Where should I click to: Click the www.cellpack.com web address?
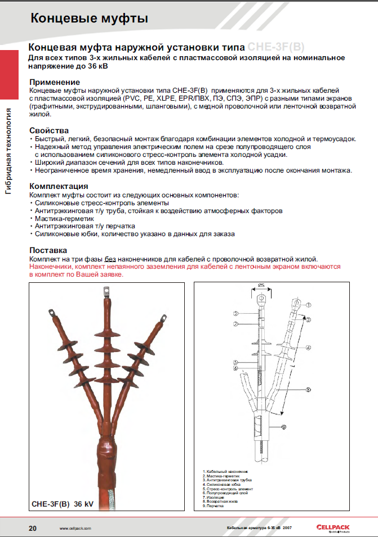coord(75,529)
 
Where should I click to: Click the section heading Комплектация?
coord(59,186)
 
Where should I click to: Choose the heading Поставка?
coord(48,250)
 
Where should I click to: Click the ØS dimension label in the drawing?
coord(261,286)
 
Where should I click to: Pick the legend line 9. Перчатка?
coord(214,506)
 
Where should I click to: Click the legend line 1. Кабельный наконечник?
coord(225,471)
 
